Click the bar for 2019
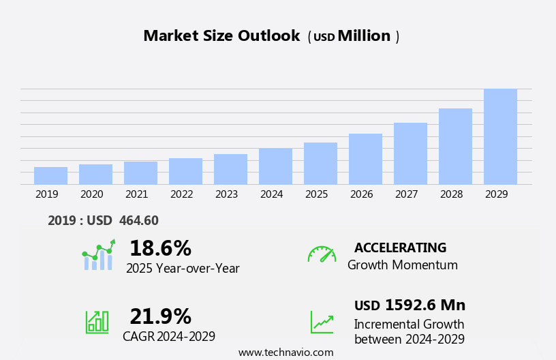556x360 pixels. click(50, 176)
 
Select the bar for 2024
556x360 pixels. click(275, 166)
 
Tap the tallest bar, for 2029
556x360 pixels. click(500, 136)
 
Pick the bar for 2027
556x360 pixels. click(410, 153)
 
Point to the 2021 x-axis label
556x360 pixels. click(136, 194)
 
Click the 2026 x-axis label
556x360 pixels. click(361, 194)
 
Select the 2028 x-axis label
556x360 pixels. click(451, 194)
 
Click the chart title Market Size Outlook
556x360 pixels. click(221, 36)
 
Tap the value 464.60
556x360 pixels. click(138, 220)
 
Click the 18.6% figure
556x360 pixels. click(160, 248)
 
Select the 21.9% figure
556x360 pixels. click(160, 316)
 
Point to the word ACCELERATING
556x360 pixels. click(400, 247)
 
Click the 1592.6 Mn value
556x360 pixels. click(425, 305)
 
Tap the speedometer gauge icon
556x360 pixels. click(322, 254)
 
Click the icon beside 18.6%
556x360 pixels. click(98, 256)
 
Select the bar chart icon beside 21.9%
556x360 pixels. click(97, 321)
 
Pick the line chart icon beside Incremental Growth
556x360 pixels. click(322, 322)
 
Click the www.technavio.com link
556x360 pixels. click(285, 352)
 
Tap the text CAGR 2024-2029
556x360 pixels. click(169, 336)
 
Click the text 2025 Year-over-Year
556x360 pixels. click(183, 269)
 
